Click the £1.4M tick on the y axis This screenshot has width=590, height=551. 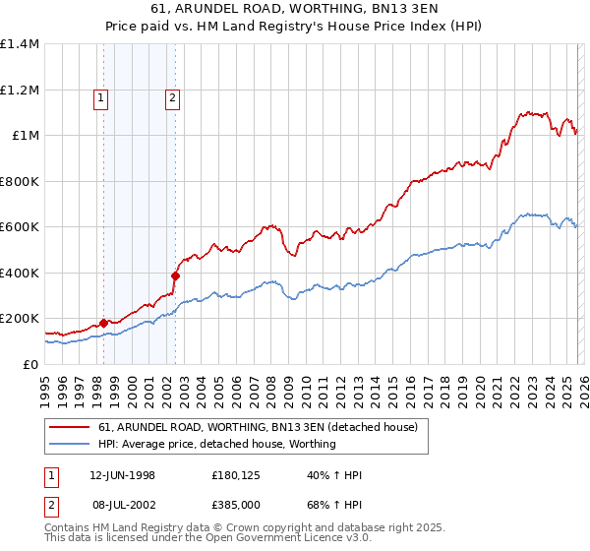[x=19, y=44]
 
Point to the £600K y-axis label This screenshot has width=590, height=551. [x=19, y=227]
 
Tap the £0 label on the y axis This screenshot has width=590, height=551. [x=29, y=364]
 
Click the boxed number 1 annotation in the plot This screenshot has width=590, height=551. [x=102, y=97]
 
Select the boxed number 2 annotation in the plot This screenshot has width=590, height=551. [x=172, y=97]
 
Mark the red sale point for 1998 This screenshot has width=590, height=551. [x=103, y=323]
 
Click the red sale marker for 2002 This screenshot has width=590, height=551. [x=175, y=276]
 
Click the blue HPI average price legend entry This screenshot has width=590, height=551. [x=217, y=444]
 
